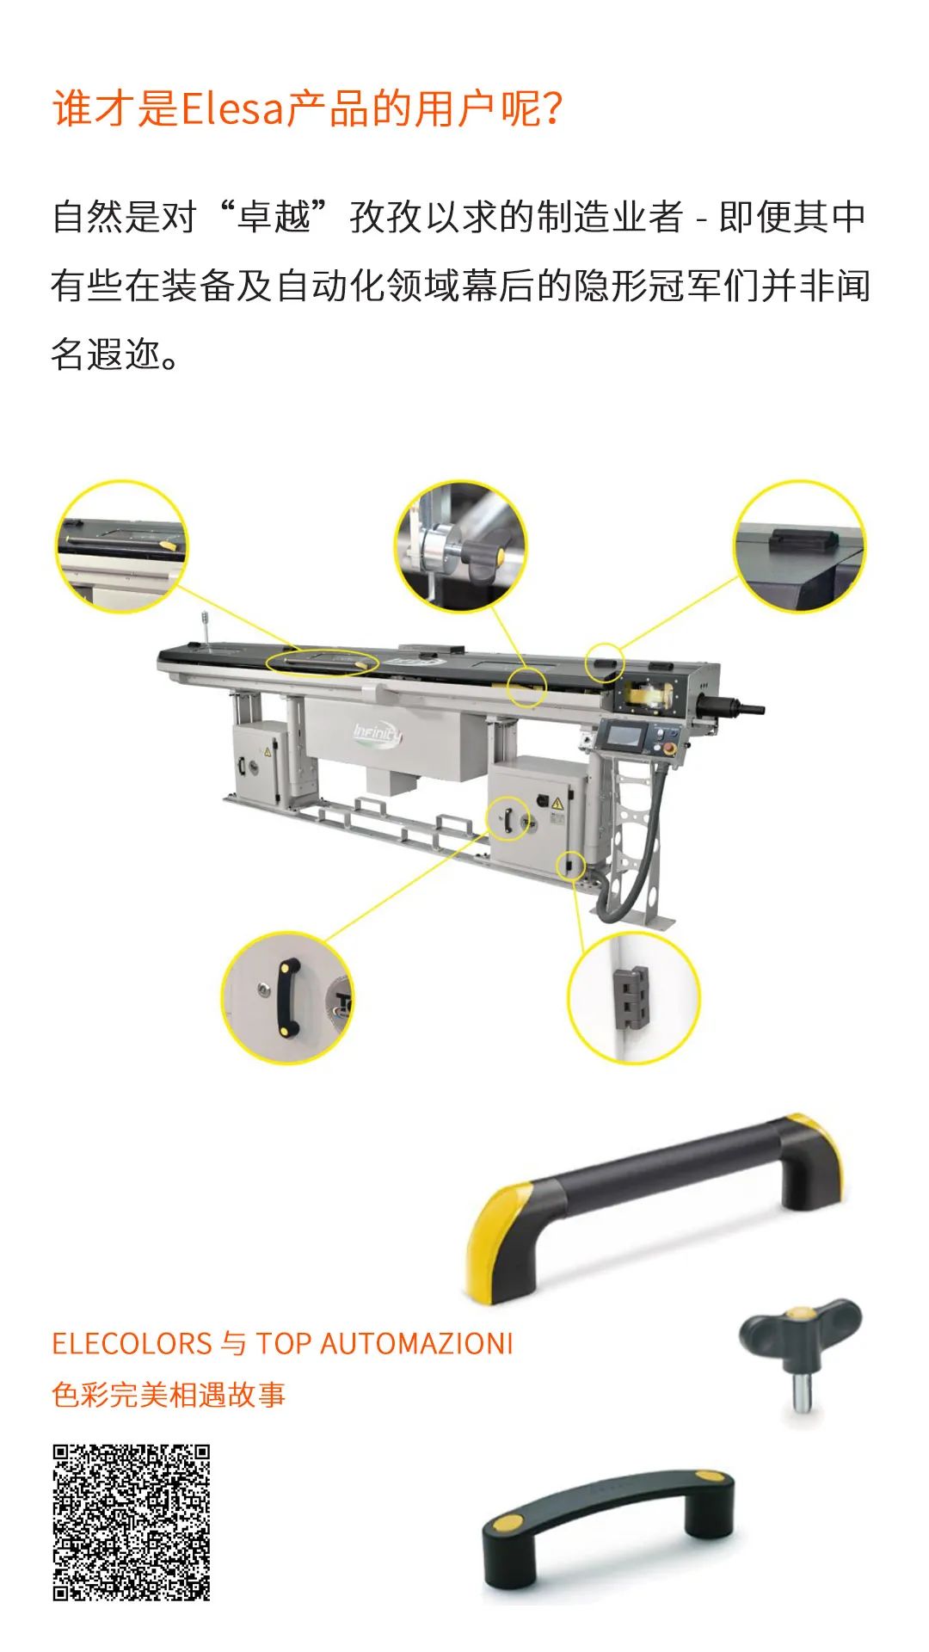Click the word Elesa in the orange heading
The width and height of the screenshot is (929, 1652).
(x=232, y=109)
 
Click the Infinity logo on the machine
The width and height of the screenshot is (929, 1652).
(x=377, y=734)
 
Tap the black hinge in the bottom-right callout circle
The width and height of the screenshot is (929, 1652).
(x=633, y=998)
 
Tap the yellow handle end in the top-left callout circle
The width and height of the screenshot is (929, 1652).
(x=169, y=545)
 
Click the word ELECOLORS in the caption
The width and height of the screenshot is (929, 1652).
(x=132, y=1343)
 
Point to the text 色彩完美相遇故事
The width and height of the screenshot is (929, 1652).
(x=169, y=1394)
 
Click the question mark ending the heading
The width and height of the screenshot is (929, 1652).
(x=553, y=109)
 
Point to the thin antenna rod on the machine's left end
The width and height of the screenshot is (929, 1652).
(x=206, y=628)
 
